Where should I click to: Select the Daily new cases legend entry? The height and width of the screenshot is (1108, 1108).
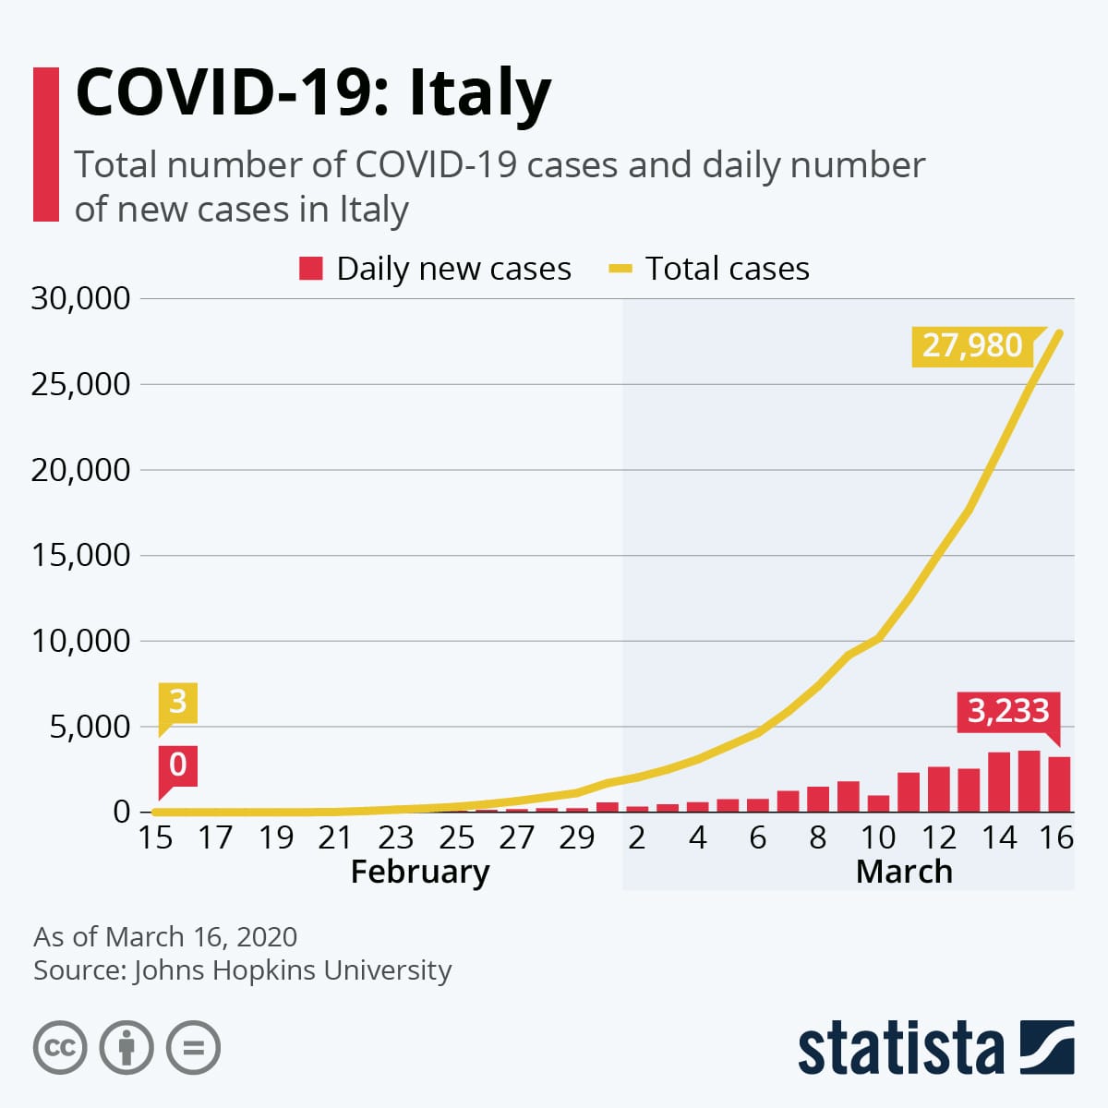tap(435, 269)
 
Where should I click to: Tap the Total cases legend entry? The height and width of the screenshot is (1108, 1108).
tap(709, 269)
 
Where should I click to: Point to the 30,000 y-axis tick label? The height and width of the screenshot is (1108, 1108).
tap(80, 298)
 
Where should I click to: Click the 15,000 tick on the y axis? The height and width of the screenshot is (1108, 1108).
tap(80, 555)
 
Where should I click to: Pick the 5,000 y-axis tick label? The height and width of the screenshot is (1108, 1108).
tap(89, 727)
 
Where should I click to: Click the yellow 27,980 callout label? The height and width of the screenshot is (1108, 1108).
tap(972, 345)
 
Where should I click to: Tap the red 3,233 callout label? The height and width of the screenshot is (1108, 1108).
tap(1007, 711)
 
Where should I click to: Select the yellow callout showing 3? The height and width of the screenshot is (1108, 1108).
tap(177, 702)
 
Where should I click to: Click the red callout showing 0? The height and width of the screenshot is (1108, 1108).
tap(177, 765)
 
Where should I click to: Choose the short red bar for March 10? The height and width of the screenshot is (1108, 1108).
tap(878, 803)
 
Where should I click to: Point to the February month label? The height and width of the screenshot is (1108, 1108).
tap(419, 872)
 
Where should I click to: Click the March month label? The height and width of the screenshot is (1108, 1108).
tap(903, 872)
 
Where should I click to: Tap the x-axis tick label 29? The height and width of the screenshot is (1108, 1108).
tap(577, 837)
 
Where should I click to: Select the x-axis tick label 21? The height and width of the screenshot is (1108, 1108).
tap(335, 837)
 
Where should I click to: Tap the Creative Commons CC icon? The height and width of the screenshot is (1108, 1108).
tap(60, 1048)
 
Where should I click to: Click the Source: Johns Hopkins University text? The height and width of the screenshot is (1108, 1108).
tap(242, 970)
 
